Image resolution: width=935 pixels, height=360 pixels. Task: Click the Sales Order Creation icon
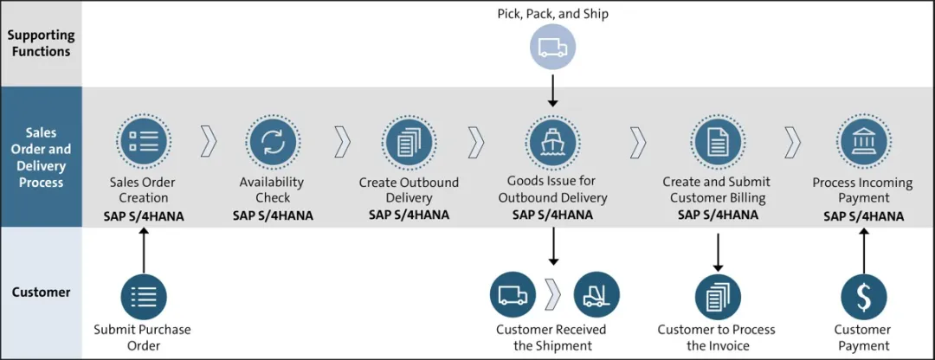[143, 142]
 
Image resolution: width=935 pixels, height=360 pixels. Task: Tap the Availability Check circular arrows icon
[272, 142]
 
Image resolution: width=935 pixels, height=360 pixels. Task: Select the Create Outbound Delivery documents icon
[409, 142]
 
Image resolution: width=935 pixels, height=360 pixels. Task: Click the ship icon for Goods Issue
[552, 142]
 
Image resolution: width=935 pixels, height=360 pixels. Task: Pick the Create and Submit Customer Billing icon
[718, 142]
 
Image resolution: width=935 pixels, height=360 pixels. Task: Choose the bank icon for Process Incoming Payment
[863, 142]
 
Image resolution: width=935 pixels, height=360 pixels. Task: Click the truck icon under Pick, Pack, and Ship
[552, 48]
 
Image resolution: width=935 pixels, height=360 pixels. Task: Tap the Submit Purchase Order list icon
[143, 296]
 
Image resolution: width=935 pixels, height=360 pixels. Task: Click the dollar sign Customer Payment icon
[863, 296]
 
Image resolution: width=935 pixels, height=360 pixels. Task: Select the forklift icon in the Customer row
[596, 294]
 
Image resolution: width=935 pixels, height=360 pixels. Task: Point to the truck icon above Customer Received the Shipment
[513, 294]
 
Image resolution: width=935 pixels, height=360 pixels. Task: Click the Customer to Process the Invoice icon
[718, 296]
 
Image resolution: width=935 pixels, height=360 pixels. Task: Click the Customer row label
[41, 292]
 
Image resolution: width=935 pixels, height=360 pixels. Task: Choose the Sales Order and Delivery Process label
[42, 157]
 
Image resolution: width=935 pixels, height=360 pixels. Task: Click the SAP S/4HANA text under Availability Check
[272, 215]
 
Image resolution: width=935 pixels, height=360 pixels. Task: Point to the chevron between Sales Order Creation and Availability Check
[209, 142]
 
